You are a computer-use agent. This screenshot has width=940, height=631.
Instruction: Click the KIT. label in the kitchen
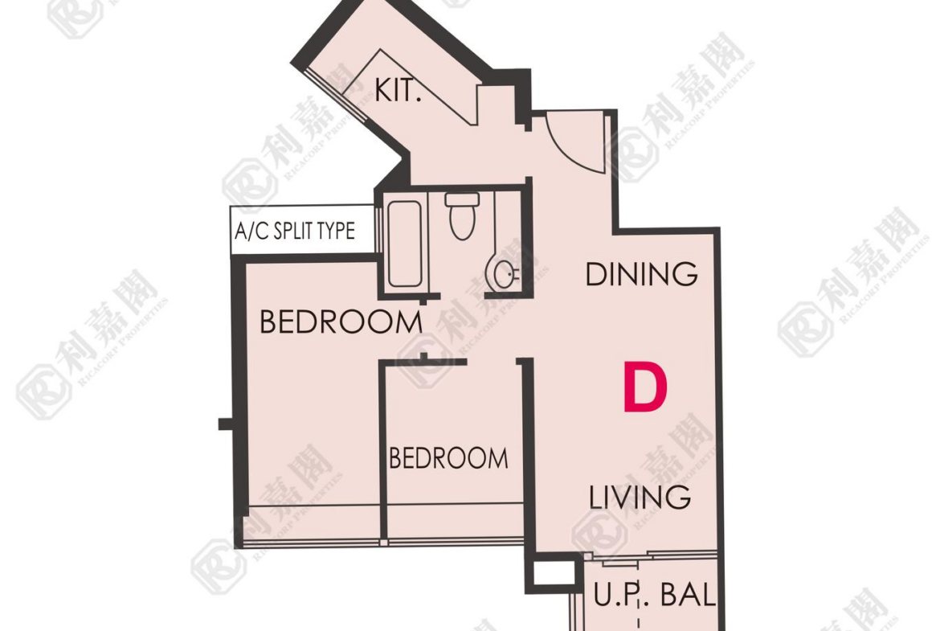tap(398, 90)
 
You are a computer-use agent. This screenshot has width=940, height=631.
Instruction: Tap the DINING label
tap(641, 274)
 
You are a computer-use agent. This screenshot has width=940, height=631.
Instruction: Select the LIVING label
tap(640, 498)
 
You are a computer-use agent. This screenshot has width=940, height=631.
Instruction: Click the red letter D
tap(645, 387)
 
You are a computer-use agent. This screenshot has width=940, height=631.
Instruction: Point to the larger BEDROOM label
tap(341, 322)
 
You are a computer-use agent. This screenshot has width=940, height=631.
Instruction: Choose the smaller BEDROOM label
tap(448, 458)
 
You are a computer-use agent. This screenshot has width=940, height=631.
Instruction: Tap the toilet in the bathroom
tap(462, 216)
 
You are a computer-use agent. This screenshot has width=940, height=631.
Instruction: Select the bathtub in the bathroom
tap(405, 244)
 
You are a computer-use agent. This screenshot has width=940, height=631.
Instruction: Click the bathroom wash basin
tap(502, 273)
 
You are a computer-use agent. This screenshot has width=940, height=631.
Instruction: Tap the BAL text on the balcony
tap(688, 595)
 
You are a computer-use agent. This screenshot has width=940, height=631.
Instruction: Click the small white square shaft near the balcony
tap(554, 573)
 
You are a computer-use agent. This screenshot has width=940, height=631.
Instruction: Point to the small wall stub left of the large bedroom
tap(225, 424)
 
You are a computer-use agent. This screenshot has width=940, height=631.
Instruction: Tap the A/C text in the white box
tap(251, 231)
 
